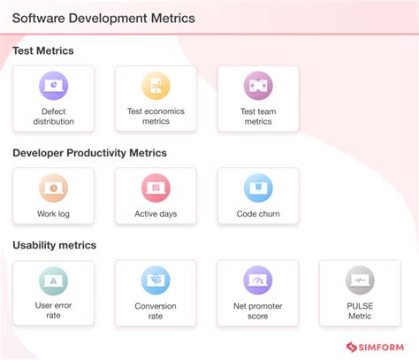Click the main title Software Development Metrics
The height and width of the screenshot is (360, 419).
pos(103,18)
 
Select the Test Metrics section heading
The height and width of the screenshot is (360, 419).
pos(42,50)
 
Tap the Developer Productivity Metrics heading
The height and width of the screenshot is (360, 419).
pos(89,153)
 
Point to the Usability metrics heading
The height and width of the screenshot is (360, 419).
pos(54,245)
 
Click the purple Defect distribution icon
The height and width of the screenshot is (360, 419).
pos(53,86)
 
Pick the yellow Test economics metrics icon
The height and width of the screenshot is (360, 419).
pos(156,86)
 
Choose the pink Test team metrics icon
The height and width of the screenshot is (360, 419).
pos(258,86)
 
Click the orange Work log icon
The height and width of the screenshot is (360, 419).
pos(53,188)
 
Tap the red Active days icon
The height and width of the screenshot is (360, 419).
pos(156,188)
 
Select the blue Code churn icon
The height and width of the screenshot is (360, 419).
pos(258,188)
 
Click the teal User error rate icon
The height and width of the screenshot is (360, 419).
pos(53,280)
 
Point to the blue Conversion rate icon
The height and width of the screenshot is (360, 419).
pos(156,280)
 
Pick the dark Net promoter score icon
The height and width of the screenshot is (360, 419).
pos(258,280)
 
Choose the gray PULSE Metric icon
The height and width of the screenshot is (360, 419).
pos(360,280)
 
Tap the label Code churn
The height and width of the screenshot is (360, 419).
pos(258,214)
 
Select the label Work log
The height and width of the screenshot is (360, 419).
pos(53,214)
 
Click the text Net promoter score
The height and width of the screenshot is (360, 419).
pos(258,311)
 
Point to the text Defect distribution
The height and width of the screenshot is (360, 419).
pos(53,117)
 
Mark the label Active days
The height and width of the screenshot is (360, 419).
pos(156,214)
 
